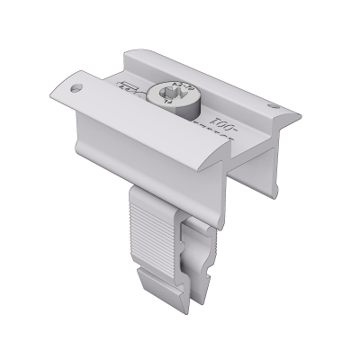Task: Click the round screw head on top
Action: tap(175, 94)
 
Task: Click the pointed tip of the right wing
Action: tap(293, 115)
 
